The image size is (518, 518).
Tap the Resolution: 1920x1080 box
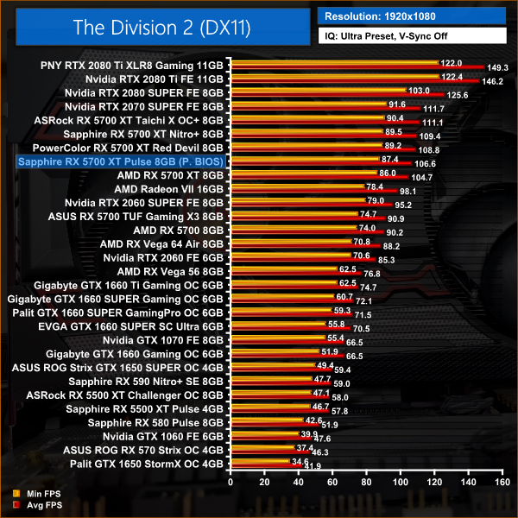414,15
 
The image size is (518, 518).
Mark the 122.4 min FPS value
452,77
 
